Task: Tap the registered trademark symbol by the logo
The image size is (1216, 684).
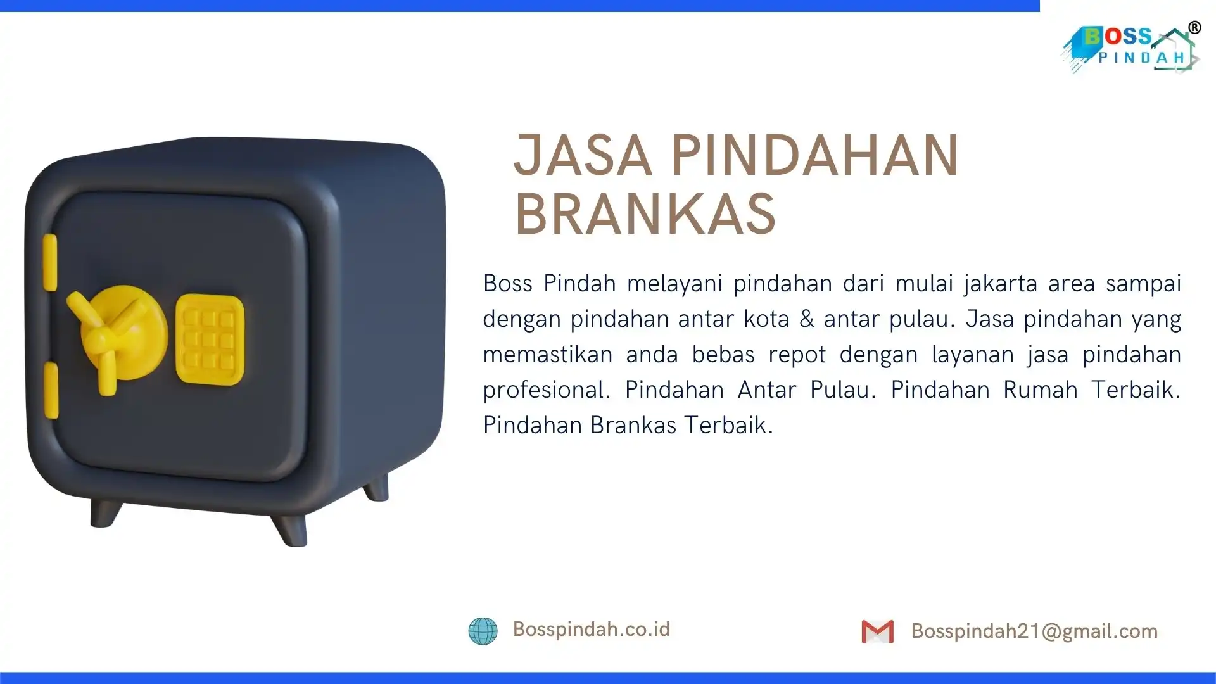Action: point(1194,28)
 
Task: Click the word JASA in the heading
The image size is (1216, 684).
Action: point(583,155)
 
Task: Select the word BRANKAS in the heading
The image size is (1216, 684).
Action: point(645,213)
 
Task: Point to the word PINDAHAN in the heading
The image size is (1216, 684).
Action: point(815,155)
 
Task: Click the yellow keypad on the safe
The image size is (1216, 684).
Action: point(210,339)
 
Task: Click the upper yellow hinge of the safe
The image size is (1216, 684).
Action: point(49,262)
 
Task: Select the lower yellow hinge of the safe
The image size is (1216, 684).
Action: point(51,390)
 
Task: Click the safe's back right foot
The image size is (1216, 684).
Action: point(376,487)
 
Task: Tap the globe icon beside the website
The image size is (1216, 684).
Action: point(483,631)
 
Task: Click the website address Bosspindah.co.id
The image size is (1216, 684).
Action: point(591,629)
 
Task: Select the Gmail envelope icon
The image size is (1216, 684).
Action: point(878,631)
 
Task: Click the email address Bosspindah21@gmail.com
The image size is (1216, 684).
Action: point(1034,631)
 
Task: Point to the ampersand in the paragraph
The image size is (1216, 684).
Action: point(806,319)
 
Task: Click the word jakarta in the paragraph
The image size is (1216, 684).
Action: point(1000,284)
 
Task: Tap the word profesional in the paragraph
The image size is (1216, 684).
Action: point(547,390)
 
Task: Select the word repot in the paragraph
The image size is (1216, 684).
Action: point(797,355)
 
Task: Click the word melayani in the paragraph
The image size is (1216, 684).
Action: point(674,284)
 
